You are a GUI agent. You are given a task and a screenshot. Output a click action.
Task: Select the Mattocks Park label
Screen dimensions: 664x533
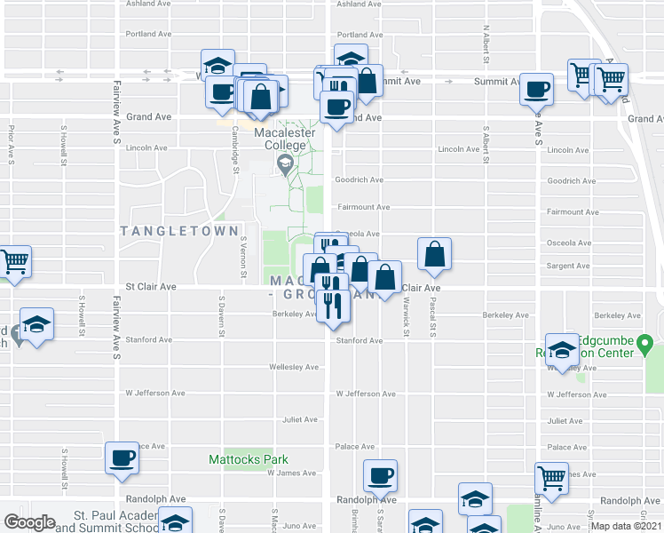click(249, 459)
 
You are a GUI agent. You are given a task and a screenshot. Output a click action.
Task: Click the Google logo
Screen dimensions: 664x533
click(30, 522)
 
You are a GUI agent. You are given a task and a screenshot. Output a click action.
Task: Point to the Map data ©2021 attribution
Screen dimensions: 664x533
click(626, 525)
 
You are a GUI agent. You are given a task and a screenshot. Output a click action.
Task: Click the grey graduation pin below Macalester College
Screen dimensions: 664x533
click(285, 162)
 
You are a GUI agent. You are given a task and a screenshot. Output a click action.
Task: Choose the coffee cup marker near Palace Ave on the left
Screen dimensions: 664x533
click(123, 459)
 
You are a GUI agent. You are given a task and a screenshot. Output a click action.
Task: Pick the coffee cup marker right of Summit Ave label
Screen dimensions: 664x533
click(536, 90)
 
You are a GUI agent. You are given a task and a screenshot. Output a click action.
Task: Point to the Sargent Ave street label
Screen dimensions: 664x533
click(569, 266)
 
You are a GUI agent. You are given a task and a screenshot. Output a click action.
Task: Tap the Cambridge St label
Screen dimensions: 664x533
click(235, 144)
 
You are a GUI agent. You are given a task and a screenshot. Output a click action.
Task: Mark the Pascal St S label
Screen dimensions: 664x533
click(433, 316)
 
